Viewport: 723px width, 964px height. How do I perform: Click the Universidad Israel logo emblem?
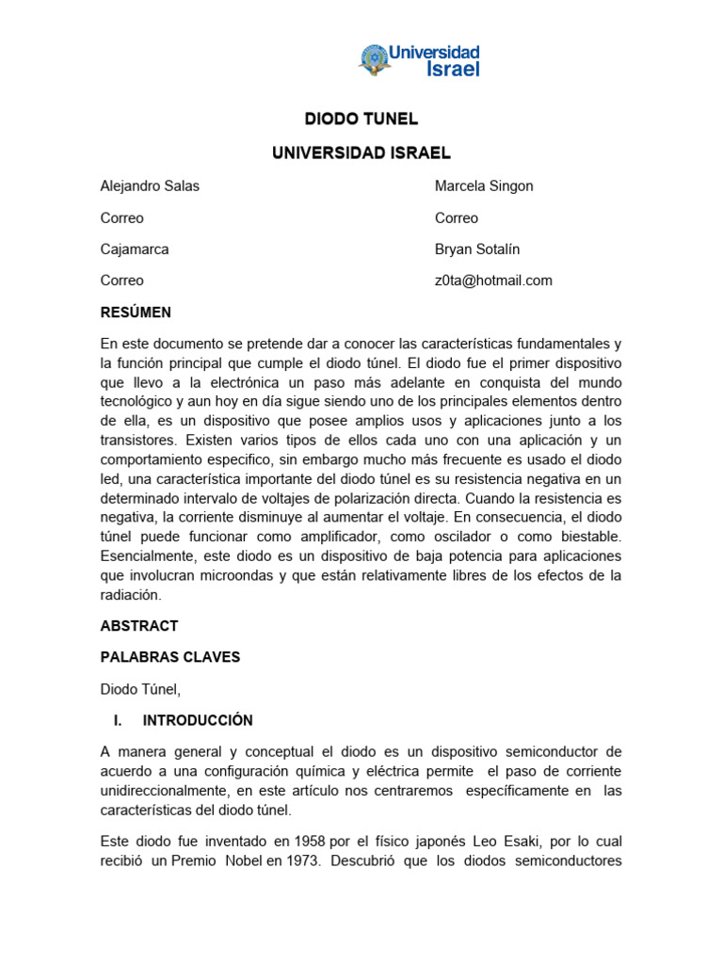(x=374, y=59)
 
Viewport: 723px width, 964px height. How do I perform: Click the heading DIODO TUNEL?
(x=361, y=120)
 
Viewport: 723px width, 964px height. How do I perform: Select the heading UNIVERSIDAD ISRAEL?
(x=361, y=153)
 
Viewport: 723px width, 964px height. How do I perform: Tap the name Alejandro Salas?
(x=150, y=186)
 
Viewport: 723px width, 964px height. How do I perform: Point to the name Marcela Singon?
(x=484, y=186)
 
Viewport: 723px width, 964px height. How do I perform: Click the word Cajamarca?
(x=135, y=249)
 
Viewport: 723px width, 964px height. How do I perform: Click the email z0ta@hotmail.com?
(x=493, y=281)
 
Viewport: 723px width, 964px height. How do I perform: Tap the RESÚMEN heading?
(x=136, y=313)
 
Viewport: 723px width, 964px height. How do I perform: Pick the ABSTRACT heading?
(x=139, y=626)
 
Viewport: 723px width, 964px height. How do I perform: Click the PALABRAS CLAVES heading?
(x=170, y=657)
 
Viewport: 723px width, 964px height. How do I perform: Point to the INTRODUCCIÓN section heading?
(x=198, y=720)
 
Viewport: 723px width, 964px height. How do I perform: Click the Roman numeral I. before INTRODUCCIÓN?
(x=118, y=720)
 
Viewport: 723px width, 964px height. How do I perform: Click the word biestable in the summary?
(x=587, y=536)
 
